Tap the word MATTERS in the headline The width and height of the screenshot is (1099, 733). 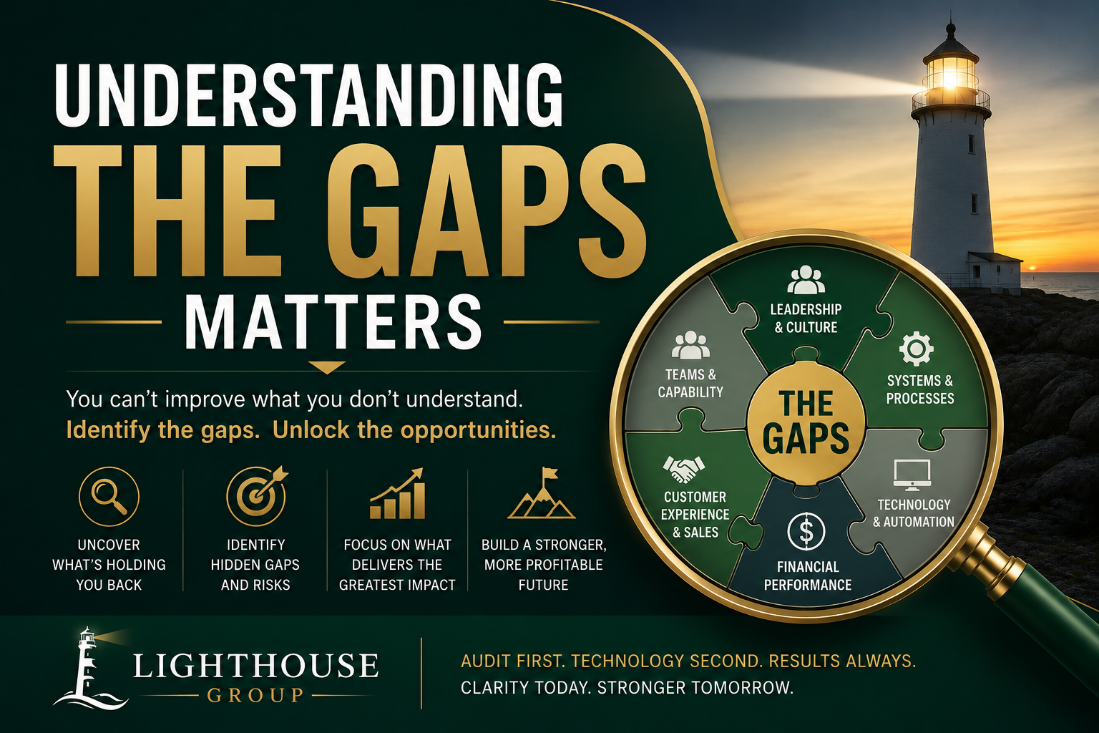pos(333,322)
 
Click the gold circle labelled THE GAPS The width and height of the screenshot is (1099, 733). pos(806,423)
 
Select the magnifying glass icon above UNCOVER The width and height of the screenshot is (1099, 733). pos(109,496)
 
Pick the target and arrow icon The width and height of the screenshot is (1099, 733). pos(257,496)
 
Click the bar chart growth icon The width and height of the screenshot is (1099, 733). pos(398,493)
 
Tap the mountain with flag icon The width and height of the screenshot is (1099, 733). pos(542,493)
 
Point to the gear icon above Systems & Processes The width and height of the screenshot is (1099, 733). pos(916,349)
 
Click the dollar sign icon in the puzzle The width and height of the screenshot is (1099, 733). pos(806,531)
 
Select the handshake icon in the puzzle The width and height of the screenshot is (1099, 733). pos(683,470)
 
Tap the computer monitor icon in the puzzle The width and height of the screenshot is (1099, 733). pos(912,475)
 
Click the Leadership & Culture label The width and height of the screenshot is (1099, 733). pos(806,318)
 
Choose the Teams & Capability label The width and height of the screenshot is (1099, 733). pos(690,383)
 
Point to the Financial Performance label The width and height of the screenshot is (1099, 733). pos(808,576)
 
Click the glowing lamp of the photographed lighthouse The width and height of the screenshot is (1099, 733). pos(950,78)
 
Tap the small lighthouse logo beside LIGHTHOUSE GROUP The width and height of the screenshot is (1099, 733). pos(89,668)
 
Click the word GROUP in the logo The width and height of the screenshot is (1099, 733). pos(255,695)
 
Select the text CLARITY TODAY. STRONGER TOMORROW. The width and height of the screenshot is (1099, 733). pos(627,687)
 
